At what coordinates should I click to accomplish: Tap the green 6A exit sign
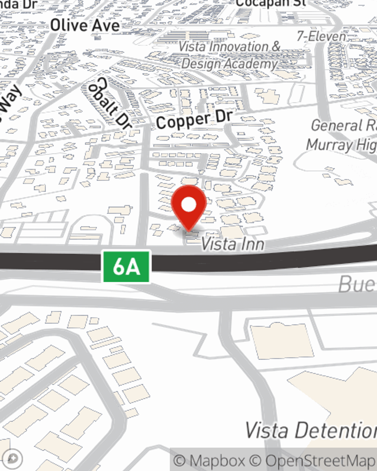pyautogui.click(x=127, y=267)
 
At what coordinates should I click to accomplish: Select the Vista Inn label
pyautogui.click(x=232, y=244)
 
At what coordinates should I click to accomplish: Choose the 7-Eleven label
pyautogui.click(x=321, y=36)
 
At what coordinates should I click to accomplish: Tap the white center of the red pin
pyautogui.click(x=188, y=205)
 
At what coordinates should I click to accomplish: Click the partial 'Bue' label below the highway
pyautogui.click(x=357, y=284)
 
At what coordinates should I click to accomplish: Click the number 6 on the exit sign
pyautogui.click(x=119, y=267)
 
